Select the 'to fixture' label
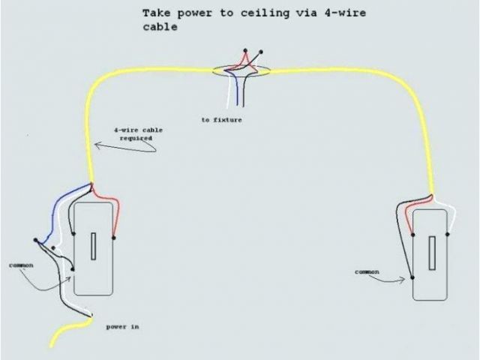pyautogui.click(x=221, y=120)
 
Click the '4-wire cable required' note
pyautogui.click(x=138, y=134)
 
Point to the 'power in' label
pyautogui.click(x=122, y=327)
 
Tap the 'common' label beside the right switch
pyautogui.click(x=367, y=271)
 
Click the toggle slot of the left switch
pyautogui.click(x=93, y=247)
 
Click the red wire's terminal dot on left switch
pyautogui.click(x=113, y=238)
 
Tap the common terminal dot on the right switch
pyautogui.click(x=412, y=278)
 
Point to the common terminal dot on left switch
pyautogui.click(x=73, y=269)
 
